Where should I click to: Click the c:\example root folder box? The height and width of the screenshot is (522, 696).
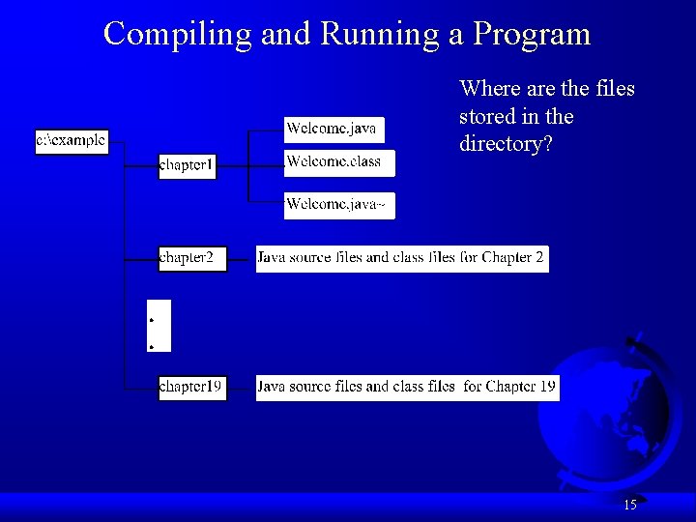tap(72, 141)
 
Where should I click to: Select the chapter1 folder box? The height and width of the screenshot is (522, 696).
tap(188, 166)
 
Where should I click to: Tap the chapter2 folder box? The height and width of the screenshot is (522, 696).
tap(192, 258)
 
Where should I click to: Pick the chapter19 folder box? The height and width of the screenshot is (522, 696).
tap(192, 387)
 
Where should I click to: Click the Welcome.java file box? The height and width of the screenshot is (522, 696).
tap(333, 129)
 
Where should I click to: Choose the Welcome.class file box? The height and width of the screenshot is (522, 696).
tap(339, 162)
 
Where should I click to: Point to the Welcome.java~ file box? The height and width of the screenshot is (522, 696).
tap(339, 205)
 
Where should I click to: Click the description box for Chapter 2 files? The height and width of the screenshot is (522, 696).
tap(401, 258)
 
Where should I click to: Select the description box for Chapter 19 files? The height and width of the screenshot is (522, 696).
tap(407, 387)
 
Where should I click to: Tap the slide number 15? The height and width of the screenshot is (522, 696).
tap(629, 505)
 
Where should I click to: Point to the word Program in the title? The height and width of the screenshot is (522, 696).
tap(532, 34)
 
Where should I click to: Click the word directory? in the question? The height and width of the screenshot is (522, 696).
tap(503, 144)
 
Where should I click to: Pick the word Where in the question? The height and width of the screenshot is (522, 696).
tap(489, 89)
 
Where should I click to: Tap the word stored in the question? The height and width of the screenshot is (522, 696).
tap(487, 117)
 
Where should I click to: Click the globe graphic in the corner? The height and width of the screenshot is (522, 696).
tap(604, 411)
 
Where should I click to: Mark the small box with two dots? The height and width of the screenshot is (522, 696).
tap(158, 327)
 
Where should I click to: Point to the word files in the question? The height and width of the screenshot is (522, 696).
tap(615, 89)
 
